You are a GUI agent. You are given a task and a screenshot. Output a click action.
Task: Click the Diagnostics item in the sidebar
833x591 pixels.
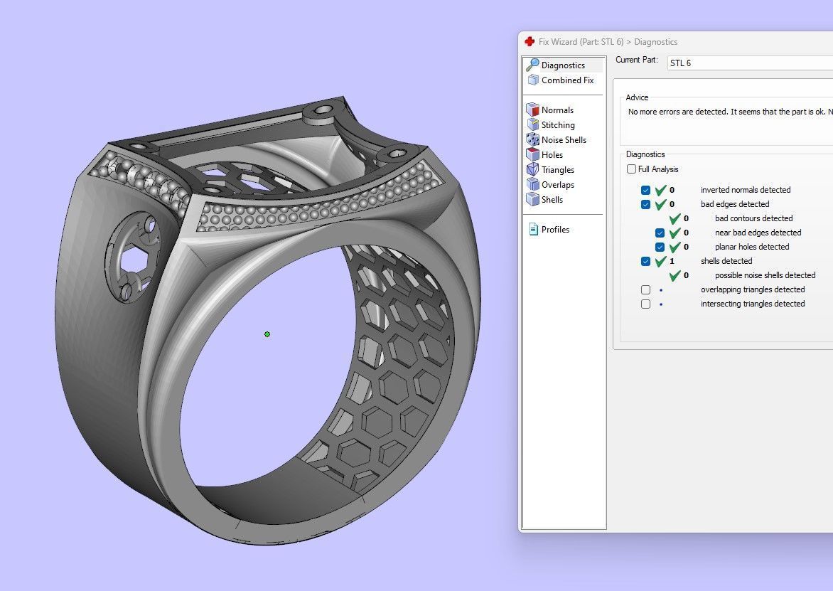coord(563,65)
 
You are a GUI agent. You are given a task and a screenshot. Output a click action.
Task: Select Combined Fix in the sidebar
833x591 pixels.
coord(567,80)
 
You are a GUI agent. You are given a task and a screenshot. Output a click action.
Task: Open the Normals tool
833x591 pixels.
coord(557,110)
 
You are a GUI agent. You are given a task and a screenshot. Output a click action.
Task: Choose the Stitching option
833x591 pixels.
coord(558,125)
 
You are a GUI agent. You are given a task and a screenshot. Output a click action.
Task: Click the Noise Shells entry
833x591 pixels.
coord(564,140)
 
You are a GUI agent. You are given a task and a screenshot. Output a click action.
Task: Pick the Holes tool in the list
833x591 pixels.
coord(552,155)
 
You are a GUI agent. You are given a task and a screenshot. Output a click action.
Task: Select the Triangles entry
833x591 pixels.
coord(557,170)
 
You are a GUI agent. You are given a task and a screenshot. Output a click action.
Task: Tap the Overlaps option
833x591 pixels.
coord(557,185)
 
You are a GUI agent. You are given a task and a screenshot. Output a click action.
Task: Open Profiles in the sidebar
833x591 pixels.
coord(555,230)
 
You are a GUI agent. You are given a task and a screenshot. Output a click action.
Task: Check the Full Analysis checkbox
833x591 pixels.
coord(631,169)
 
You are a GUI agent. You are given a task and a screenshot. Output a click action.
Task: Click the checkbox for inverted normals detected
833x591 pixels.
coord(645,190)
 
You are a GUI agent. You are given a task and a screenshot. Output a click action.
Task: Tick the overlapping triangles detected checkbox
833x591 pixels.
coord(645,289)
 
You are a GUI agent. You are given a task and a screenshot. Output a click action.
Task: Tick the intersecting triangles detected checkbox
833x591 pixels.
coord(645,304)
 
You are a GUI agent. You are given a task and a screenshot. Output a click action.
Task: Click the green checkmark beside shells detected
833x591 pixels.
coord(661,261)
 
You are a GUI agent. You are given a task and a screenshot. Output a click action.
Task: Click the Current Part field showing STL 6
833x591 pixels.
coord(746,63)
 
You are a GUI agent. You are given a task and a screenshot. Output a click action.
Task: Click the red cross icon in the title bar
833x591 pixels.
coord(530,42)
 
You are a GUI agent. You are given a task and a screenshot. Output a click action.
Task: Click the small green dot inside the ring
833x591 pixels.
coord(267,334)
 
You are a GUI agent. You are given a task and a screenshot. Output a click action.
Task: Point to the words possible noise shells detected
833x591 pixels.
coord(765,275)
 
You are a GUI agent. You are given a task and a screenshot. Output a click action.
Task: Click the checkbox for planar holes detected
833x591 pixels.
coord(660,247)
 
